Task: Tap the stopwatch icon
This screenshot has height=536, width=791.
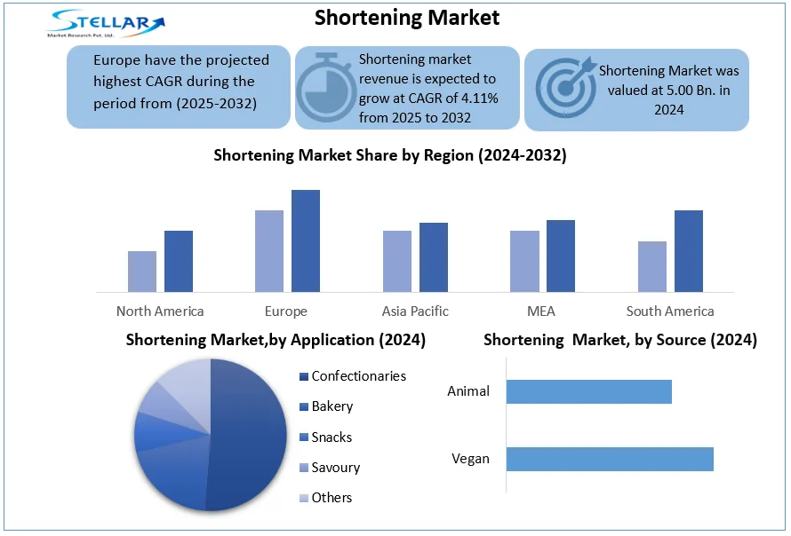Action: tap(324, 88)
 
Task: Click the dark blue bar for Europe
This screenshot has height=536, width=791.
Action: tap(306, 240)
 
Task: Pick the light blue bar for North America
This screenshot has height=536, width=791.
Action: tap(142, 271)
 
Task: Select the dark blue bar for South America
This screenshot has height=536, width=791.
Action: tap(689, 251)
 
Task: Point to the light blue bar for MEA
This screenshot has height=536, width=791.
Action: tap(524, 261)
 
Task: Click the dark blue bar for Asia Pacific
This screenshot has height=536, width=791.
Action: tap(434, 256)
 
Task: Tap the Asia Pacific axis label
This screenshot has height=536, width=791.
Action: tap(415, 311)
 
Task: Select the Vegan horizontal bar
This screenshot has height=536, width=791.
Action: tap(610, 459)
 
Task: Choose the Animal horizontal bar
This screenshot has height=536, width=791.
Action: tap(588, 391)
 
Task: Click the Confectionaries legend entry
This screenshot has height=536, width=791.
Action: tap(358, 376)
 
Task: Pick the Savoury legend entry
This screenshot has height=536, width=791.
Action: tap(335, 467)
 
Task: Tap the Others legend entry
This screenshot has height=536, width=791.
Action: tap(332, 498)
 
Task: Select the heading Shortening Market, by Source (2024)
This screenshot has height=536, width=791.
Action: tap(619, 340)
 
